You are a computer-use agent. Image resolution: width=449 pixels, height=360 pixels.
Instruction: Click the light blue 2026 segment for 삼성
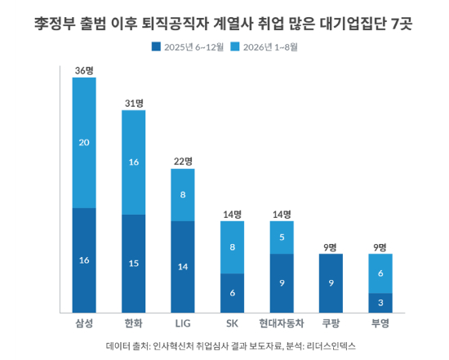coord(84,143)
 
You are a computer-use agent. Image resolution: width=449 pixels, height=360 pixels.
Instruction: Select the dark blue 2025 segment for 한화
coord(133,264)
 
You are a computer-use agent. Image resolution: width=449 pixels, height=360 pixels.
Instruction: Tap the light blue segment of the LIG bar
coord(183,195)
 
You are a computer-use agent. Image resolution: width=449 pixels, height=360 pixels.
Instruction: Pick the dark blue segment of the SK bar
coord(232,293)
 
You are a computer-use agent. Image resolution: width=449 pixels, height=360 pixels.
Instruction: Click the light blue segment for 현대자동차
coord(282,238)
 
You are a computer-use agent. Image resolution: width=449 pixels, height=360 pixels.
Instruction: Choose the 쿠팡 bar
coord(331,283)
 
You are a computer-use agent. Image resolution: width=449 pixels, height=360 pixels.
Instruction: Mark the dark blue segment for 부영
coord(380,303)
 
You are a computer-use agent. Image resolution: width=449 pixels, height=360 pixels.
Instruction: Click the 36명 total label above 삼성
coord(84,70)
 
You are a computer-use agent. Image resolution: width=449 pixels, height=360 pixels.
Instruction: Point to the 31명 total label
coord(134,103)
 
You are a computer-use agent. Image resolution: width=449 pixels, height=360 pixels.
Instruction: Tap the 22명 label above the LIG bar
coord(183,162)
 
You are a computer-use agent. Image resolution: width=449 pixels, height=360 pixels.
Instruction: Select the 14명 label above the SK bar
coord(232,214)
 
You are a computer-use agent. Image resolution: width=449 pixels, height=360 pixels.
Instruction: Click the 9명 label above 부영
coord(380,247)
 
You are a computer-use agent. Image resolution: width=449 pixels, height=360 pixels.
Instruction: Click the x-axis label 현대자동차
coord(282,323)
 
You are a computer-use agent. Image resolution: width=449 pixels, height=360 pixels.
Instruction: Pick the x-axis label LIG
coord(183,323)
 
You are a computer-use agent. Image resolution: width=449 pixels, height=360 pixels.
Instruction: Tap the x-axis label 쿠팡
coord(331,323)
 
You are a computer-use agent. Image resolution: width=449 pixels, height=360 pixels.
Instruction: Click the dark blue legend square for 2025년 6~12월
coord(156,47)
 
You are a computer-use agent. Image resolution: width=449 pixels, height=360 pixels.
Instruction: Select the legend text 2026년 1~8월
coord(270,47)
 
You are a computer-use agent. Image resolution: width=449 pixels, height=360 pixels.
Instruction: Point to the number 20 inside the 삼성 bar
coord(84,143)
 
